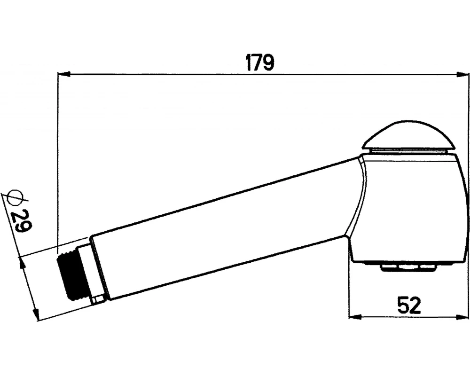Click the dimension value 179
(260, 63)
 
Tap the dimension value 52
(409, 305)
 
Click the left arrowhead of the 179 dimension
(63, 74)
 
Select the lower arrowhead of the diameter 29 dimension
(36, 314)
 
